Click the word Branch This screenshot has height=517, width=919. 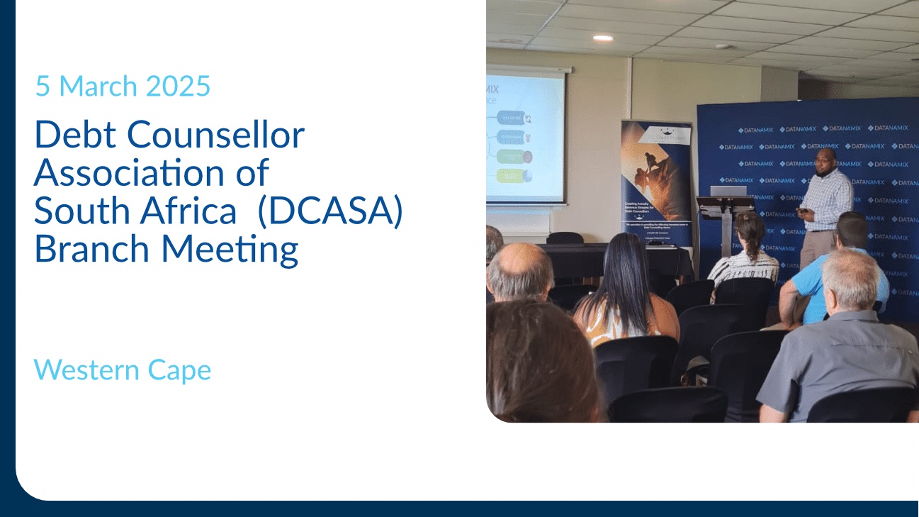tap(93, 249)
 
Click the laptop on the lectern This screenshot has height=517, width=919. tap(728, 191)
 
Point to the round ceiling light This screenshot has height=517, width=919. tap(602, 38)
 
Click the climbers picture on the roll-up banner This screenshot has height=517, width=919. tap(655, 173)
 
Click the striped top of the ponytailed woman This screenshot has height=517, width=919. tap(745, 265)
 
